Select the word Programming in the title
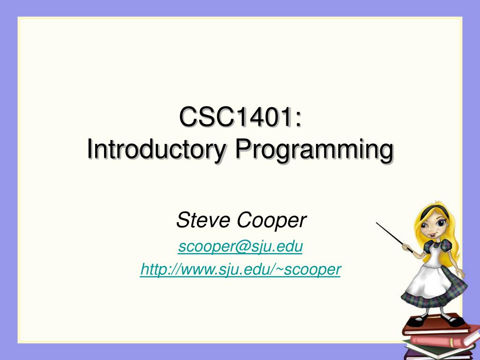point(314,150)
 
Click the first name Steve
point(202,220)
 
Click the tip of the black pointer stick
point(377,224)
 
